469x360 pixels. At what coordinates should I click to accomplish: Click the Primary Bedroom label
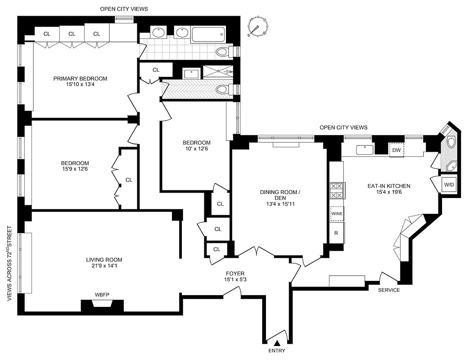(x=80, y=78)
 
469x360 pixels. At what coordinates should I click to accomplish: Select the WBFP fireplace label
(x=102, y=295)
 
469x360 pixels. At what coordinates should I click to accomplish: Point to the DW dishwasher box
(x=397, y=150)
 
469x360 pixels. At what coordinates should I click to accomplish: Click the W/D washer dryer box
(x=449, y=184)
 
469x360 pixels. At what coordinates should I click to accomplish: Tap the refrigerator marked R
(x=336, y=233)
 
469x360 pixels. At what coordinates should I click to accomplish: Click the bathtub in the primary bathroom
(x=207, y=34)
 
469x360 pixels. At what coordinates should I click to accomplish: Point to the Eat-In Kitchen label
(x=388, y=186)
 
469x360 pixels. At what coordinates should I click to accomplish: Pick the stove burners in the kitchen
(x=337, y=190)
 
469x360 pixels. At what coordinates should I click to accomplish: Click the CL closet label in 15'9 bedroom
(x=129, y=180)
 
